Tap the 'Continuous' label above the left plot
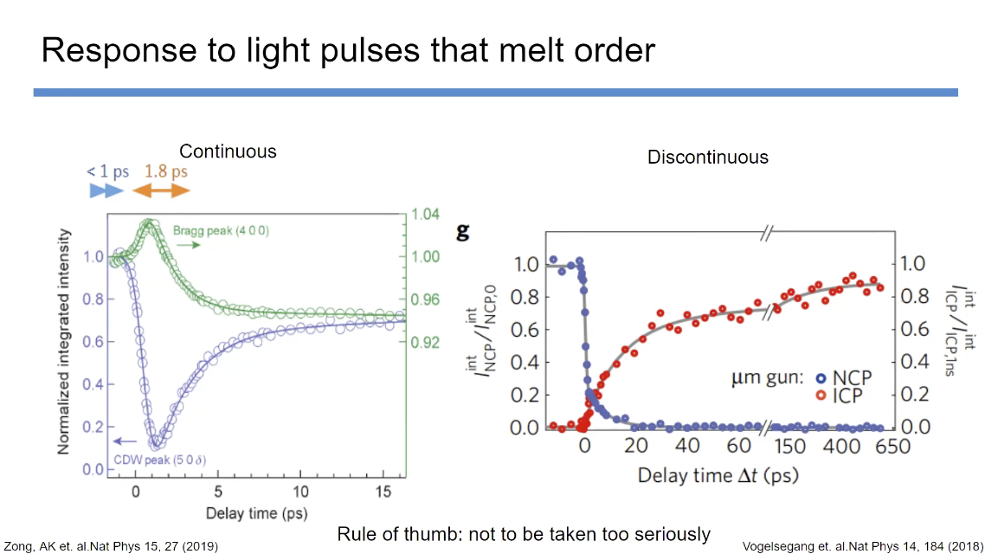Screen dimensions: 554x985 (228, 151)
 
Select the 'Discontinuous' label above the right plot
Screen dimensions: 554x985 (707, 157)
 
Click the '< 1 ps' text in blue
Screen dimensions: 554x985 (108, 171)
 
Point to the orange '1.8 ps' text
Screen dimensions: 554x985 (165, 171)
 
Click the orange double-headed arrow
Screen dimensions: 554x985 (165, 190)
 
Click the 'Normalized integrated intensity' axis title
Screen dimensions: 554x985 (66, 341)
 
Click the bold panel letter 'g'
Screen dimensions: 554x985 (463, 231)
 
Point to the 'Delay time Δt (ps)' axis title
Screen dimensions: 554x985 (718, 474)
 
